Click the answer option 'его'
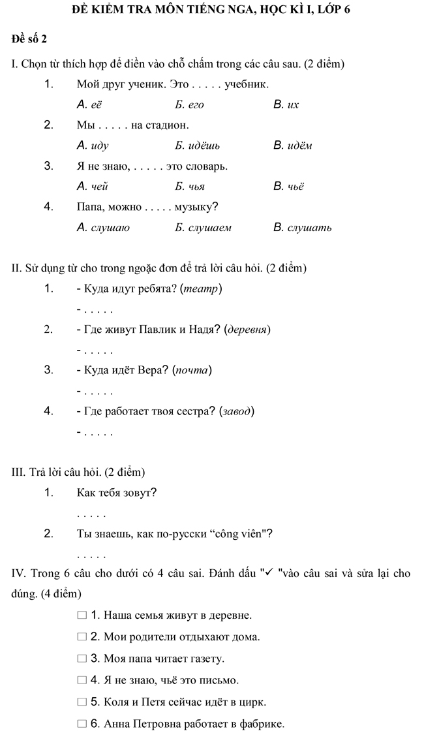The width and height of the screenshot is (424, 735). coord(195,104)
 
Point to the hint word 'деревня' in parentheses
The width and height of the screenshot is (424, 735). coord(247,330)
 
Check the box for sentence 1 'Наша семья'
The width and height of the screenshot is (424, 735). coord(82,615)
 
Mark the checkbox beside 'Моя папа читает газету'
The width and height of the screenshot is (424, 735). coord(82,659)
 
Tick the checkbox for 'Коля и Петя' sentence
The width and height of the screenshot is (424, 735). coord(82,702)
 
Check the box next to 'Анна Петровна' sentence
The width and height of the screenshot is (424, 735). coord(82,724)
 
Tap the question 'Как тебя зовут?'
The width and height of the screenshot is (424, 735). coord(116,492)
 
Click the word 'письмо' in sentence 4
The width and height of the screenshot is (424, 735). coord(220,681)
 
